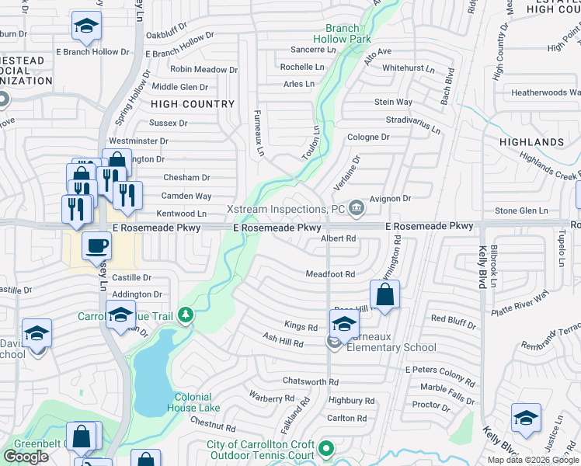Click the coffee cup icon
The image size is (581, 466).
pos(96,246)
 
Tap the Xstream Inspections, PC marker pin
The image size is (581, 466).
pos(357,207)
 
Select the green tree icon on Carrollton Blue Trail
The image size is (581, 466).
pos(185,315)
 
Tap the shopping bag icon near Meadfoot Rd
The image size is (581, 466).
pos(384,294)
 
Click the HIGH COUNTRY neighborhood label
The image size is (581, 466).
pos(193,104)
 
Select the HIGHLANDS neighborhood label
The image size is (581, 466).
pos(532,142)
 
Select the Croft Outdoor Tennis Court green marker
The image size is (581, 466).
pos(327,448)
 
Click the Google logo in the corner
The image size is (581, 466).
pos(26,457)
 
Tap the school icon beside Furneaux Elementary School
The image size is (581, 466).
pos(343,324)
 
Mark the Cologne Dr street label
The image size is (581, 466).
pos(368,137)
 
